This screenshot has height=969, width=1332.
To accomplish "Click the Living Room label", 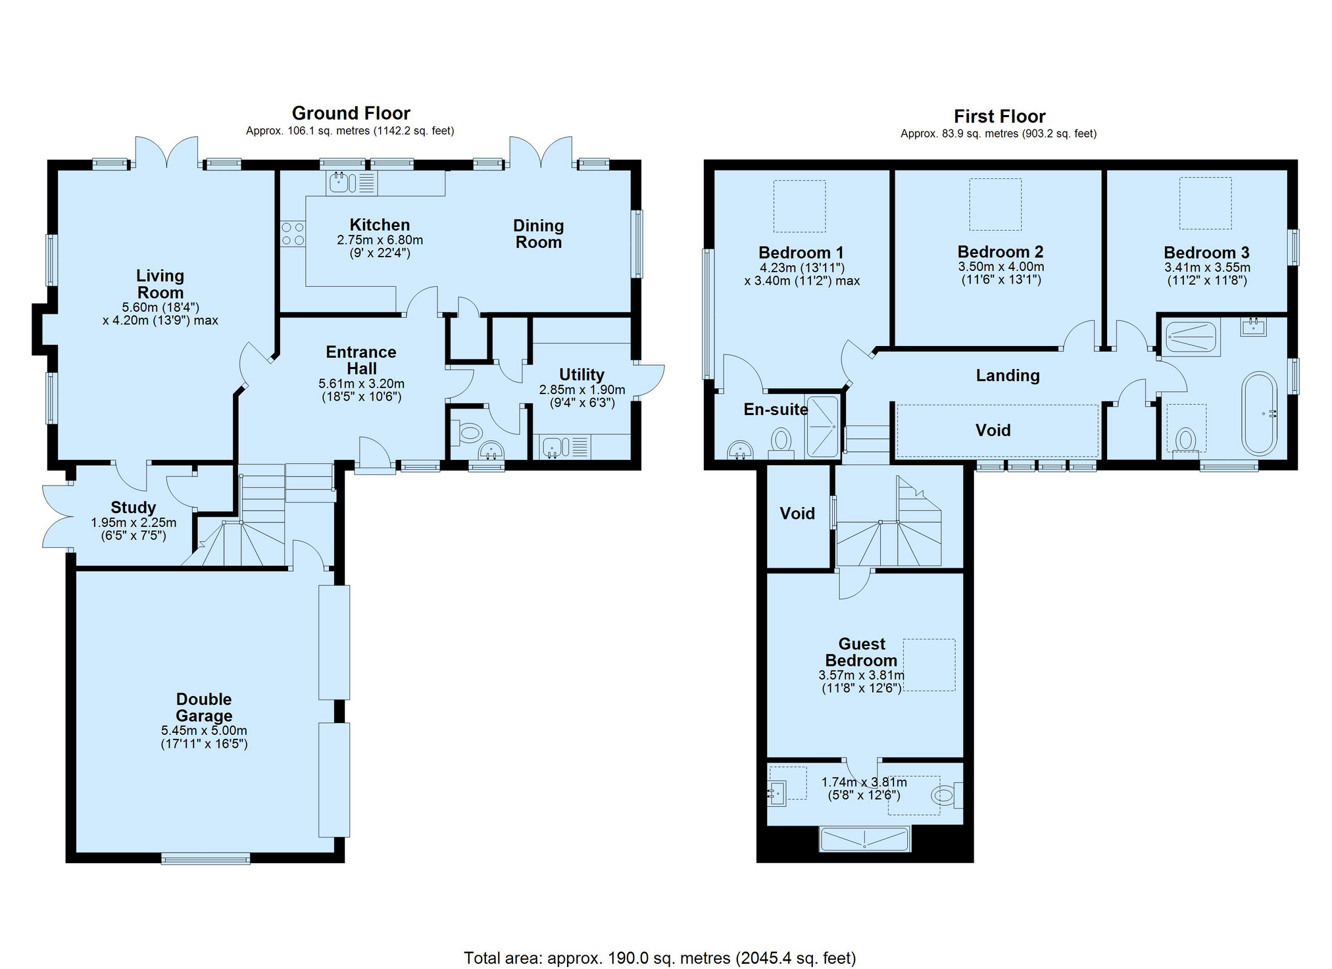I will (160, 284).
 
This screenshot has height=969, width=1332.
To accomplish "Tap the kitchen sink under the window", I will (339, 182).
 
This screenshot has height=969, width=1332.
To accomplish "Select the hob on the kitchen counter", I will (293, 234).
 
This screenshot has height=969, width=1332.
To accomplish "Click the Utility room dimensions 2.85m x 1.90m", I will (582, 389).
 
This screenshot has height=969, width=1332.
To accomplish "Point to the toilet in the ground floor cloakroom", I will (470, 432).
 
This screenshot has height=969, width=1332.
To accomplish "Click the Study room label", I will (133, 507).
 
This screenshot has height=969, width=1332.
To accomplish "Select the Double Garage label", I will (204, 707).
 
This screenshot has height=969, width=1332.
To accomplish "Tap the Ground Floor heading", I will (351, 113).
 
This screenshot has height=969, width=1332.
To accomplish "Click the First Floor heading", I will (999, 116).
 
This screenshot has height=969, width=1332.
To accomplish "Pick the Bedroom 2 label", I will (1000, 252).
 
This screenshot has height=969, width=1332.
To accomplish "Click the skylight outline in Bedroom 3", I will (1205, 203).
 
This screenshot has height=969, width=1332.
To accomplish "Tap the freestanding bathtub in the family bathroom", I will (1259, 413).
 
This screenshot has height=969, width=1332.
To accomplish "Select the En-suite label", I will (776, 409).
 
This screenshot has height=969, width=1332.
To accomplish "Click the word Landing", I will (1007, 376).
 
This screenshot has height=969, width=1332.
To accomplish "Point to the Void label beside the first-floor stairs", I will (797, 513).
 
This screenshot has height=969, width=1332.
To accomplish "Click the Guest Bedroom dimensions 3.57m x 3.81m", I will (861, 675).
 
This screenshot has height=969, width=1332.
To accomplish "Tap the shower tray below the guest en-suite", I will (864, 839).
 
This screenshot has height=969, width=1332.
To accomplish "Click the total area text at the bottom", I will (660, 958).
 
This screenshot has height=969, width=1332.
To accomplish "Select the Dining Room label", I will (538, 234).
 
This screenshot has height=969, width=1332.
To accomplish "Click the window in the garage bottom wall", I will (205, 858).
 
